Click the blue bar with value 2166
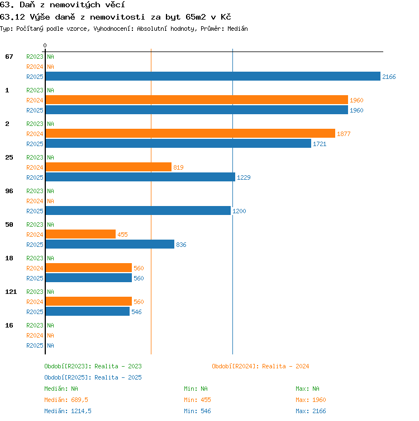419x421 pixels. coord(213,76)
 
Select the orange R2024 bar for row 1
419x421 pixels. coord(197,100)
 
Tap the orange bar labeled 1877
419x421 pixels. coord(191,133)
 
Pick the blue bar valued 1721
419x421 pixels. coord(178,143)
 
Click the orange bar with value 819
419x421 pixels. coord(108,167)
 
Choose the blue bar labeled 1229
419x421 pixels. coord(140,177)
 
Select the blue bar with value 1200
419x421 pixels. coord(138,210)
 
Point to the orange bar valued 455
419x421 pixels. coord(80,234)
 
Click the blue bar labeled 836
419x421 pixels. coord(110,244)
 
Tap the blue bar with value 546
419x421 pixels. coord(88,311)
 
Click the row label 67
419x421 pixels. coord(9,57)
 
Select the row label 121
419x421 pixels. coord(11,292)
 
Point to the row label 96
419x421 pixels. coord(9,191)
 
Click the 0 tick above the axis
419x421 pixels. coord(45,45)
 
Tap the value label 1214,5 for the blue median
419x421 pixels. coord(81,411)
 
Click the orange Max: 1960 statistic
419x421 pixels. coord(311,400)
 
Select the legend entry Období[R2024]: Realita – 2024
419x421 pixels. coord(260,366)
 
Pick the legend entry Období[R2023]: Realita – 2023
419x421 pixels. coord(93,366)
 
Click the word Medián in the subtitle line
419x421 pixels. coord(237,29)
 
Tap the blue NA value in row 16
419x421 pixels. coord(50,345)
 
